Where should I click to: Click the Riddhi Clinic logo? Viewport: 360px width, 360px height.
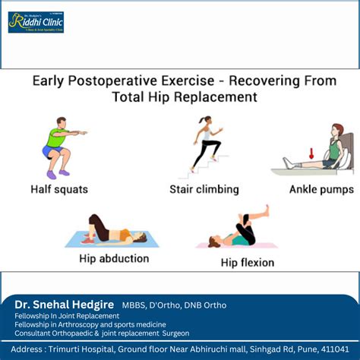36,22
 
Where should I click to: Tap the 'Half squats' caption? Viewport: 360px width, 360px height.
58,189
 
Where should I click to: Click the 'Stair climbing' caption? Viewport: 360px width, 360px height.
204,189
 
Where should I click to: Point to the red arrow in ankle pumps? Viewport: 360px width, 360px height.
311,153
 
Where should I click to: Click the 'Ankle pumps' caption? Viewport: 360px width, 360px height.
316,189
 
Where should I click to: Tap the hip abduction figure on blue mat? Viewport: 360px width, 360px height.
112,232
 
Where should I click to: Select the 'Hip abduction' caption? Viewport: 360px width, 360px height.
113,258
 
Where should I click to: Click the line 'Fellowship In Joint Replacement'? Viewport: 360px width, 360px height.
67,315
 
